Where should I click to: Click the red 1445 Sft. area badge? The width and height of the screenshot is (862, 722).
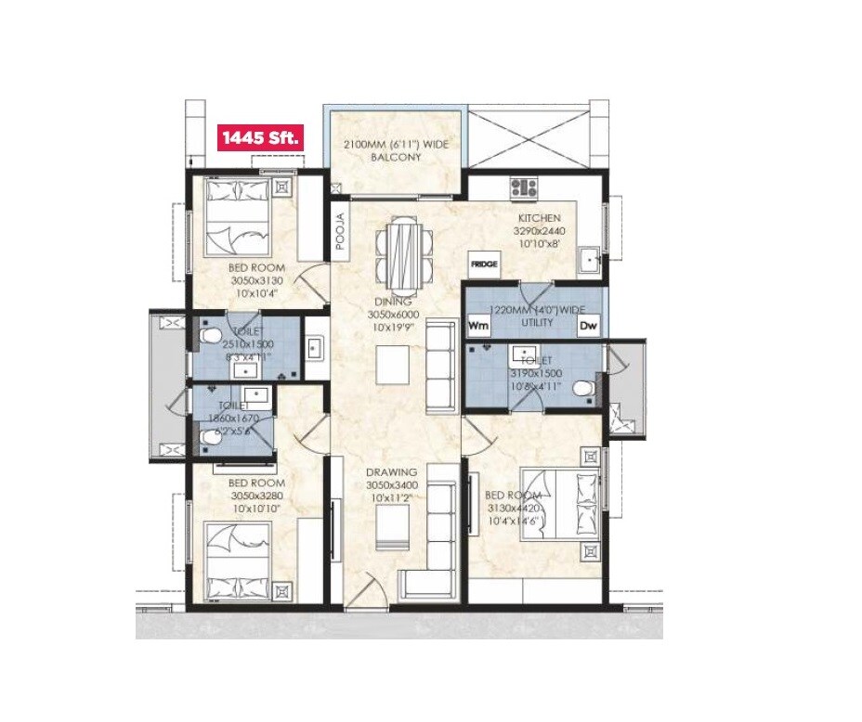(259, 138)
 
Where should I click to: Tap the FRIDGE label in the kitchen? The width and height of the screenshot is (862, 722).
(483, 264)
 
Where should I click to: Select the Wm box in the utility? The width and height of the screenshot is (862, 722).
(478, 326)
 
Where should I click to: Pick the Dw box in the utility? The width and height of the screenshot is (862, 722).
(588, 326)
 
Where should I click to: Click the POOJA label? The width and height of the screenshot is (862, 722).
(340, 231)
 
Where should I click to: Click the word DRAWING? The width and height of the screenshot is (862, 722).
(391, 472)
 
